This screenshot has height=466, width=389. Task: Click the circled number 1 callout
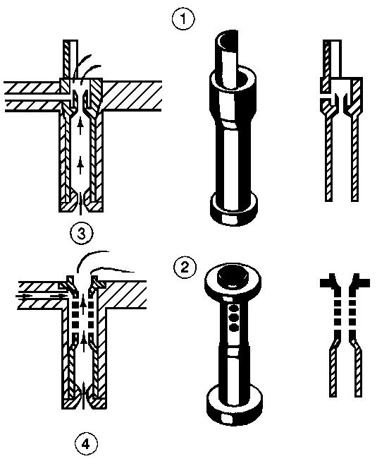[x=183, y=19]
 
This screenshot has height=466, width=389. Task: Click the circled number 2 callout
[x=185, y=267]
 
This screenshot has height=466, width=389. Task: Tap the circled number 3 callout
[x=82, y=233]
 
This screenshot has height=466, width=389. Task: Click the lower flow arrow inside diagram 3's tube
[x=80, y=166]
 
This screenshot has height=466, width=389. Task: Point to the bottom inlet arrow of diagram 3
[x=80, y=204]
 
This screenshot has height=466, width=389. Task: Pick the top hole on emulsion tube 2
[x=235, y=307]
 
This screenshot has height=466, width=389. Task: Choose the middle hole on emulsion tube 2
[x=235, y=318]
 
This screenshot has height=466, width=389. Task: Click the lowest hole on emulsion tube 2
[x=235, y=328]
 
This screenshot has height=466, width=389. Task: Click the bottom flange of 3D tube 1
[x=233, y=209]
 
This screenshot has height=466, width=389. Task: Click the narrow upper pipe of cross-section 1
[x=332, y=59]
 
